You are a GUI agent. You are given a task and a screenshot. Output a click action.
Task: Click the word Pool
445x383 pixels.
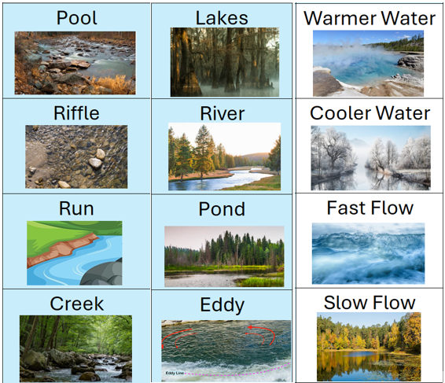(x=77, y=18)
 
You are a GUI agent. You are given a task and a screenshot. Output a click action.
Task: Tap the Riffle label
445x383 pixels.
(x=76, y=113)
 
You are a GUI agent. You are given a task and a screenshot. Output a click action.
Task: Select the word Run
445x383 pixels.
(x=76, y=208)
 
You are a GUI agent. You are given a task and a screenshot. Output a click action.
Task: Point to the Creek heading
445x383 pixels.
(x=76, y=304)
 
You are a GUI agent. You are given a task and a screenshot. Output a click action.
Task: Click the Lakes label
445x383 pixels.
(x=222, y=18)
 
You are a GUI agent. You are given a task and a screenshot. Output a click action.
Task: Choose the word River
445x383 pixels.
(x=222, y=113)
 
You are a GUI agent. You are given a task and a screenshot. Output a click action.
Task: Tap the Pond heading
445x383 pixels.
(x=222, y=209)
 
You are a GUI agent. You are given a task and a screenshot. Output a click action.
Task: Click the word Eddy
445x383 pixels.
(x=222, y=305)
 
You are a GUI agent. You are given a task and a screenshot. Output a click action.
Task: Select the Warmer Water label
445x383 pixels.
(x=370, y=18)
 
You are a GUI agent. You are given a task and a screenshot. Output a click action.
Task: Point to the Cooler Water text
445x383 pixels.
(x=370, y=113)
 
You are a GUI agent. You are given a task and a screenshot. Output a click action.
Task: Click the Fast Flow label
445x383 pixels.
(x=370, y=209)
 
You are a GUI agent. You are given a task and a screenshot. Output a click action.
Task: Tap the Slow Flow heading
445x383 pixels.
(x=370, y=303)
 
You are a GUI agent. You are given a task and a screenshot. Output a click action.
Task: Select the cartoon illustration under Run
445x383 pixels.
(x=75, y=252)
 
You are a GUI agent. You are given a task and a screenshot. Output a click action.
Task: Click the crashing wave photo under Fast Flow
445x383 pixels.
(x=368, y=252)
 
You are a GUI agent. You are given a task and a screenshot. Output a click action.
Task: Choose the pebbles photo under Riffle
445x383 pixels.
(x=75, y=157)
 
